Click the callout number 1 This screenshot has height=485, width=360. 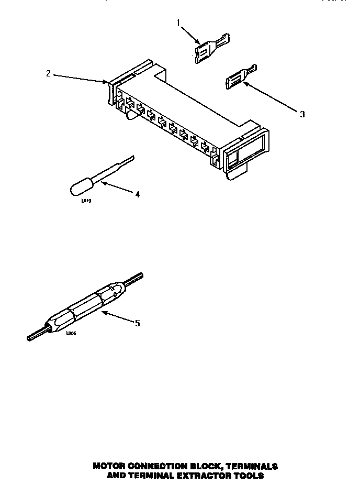(178, 23)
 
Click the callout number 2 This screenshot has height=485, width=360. (48, 73)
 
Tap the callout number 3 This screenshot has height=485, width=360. (302, 114)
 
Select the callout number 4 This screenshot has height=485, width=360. (137, 194)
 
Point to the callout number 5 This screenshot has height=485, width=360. (137, 323)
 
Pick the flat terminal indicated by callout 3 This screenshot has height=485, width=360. (238, 76)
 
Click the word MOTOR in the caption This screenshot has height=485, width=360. (109, 466)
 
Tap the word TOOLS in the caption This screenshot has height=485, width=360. (247, 476)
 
